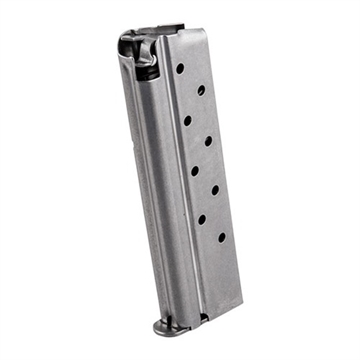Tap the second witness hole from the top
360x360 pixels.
(201, 90)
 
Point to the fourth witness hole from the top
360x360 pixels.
(208, 141)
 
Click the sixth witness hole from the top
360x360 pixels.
(214, 190)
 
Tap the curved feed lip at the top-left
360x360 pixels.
(127, 45)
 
